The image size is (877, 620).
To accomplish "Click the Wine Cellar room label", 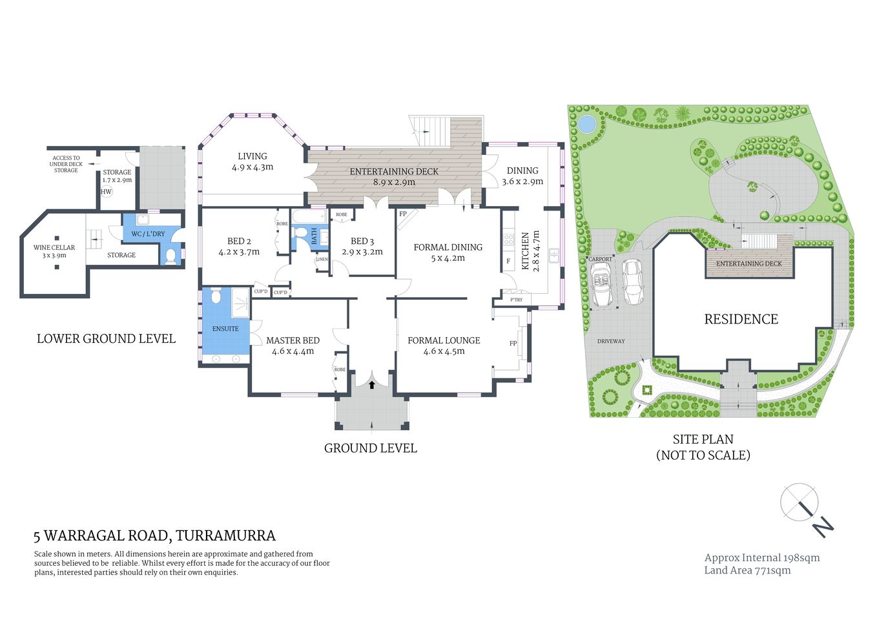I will (54, 248).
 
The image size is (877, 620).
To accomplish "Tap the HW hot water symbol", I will (107, 192).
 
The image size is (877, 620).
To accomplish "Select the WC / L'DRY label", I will (148, 234).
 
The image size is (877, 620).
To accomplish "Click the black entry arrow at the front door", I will (372, 386).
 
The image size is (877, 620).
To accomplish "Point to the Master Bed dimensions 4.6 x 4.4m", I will (293, 351).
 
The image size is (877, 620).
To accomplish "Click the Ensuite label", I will (225, 329).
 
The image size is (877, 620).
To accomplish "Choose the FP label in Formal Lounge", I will (513, 343).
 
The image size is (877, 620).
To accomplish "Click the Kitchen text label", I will (526, 251).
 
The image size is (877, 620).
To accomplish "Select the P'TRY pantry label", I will (517, 300).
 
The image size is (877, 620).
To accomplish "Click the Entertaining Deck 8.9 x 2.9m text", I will (394, 177).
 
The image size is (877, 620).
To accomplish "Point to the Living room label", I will (253, 156).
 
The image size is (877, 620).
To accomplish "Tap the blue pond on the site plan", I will (586, 123).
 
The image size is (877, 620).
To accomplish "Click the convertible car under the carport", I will (603, 285).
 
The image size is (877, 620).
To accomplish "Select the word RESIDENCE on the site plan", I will (741, 319).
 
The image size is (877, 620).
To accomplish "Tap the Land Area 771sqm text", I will (747, 570).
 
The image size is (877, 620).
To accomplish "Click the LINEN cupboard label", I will (322, 259).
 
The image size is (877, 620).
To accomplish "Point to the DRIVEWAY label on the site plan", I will (610, 341).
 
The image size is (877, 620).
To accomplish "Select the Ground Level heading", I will (370, 448).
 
